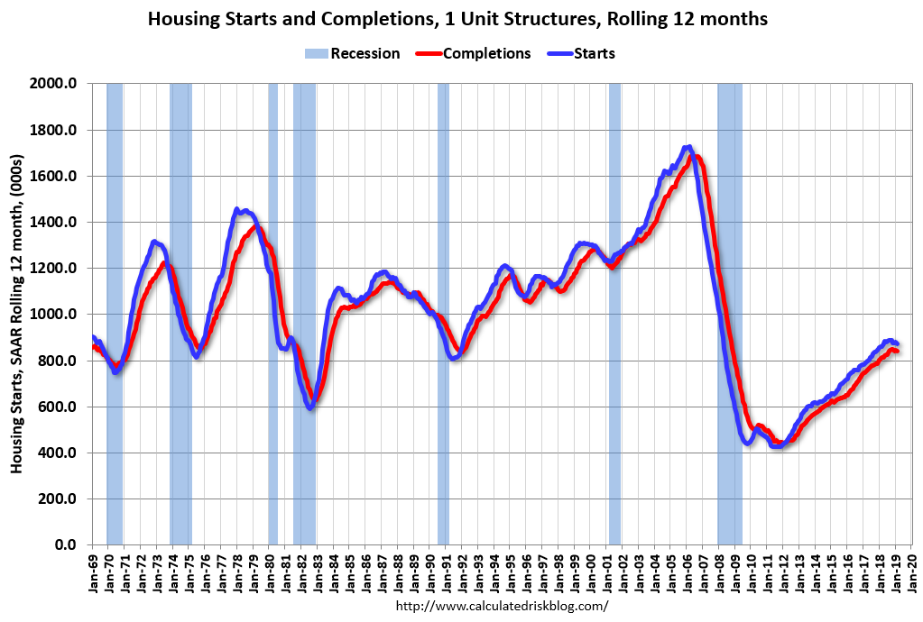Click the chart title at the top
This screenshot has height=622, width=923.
pyautogui.click(x=458, y=19)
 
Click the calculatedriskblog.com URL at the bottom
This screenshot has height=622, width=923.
pyautogui.click(x=503, y=606)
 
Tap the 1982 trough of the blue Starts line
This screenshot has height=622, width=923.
pyautogui.click(x=310, y=407)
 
